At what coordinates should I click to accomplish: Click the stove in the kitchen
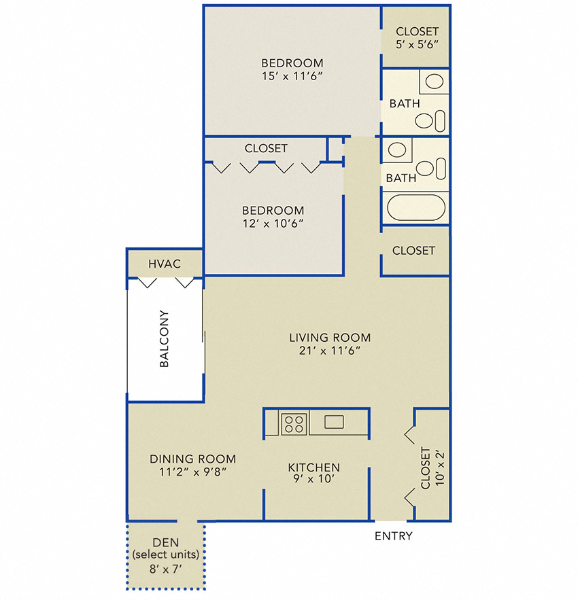[x=294, y=423]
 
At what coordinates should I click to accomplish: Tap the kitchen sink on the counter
[x=334, y=422]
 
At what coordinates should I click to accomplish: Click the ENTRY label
[x=394, y=536]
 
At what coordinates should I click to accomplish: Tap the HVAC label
[x=165, y=263]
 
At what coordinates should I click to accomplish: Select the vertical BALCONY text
[x=164, y=339]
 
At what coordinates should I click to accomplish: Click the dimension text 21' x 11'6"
[x=330, y=351]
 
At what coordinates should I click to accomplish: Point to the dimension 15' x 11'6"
[x=292, y=76]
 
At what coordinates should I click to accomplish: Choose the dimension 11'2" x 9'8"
[x=192, y=472]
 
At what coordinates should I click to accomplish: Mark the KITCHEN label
[x=313, y=467]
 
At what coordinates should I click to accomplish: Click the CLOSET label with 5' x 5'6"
[x=417, y=31]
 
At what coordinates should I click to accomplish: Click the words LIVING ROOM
[x=330, y=337]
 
